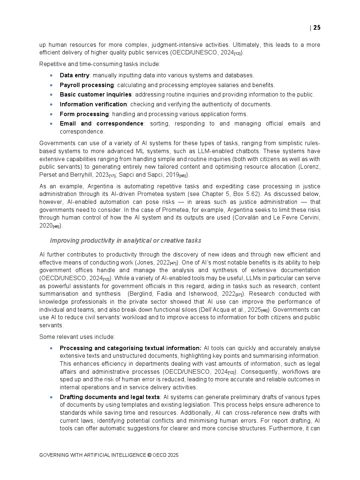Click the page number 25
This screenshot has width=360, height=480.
pyautogui.click(x=317, y=28)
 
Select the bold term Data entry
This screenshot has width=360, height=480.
pyautogui.click(x=74, y=75)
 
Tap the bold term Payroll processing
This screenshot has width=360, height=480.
pyautogui.click(x=87, y=85)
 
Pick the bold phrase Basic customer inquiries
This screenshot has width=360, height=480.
pyautogui.click(x=95, y=95)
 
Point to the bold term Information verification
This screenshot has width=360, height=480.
pyautogui.click(x=93, y=104)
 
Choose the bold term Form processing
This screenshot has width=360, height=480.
pyautogui.click(x=84, y=114)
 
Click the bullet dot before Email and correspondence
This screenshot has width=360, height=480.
pyautogui.click(x=51, y=124)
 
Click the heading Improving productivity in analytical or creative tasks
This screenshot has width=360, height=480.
pyautogui.click(x=126, y=241)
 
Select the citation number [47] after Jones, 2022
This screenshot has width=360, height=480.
pyautogui.click(x=173, y=263)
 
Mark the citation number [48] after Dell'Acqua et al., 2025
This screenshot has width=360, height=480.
pyautogui.click(x=264, y=311)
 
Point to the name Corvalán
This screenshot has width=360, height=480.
pyautogui.click(x=247, y=218)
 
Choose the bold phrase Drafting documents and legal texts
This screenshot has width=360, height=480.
pyautogui.click(x=110, y=397)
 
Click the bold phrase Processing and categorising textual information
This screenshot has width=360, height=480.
pyautogui.click(x=130, y=348)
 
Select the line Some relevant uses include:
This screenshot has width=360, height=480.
pyautogui.click(x=77, y=337)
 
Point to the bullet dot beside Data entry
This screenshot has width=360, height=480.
pyautogui.click(x=51, y=75)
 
